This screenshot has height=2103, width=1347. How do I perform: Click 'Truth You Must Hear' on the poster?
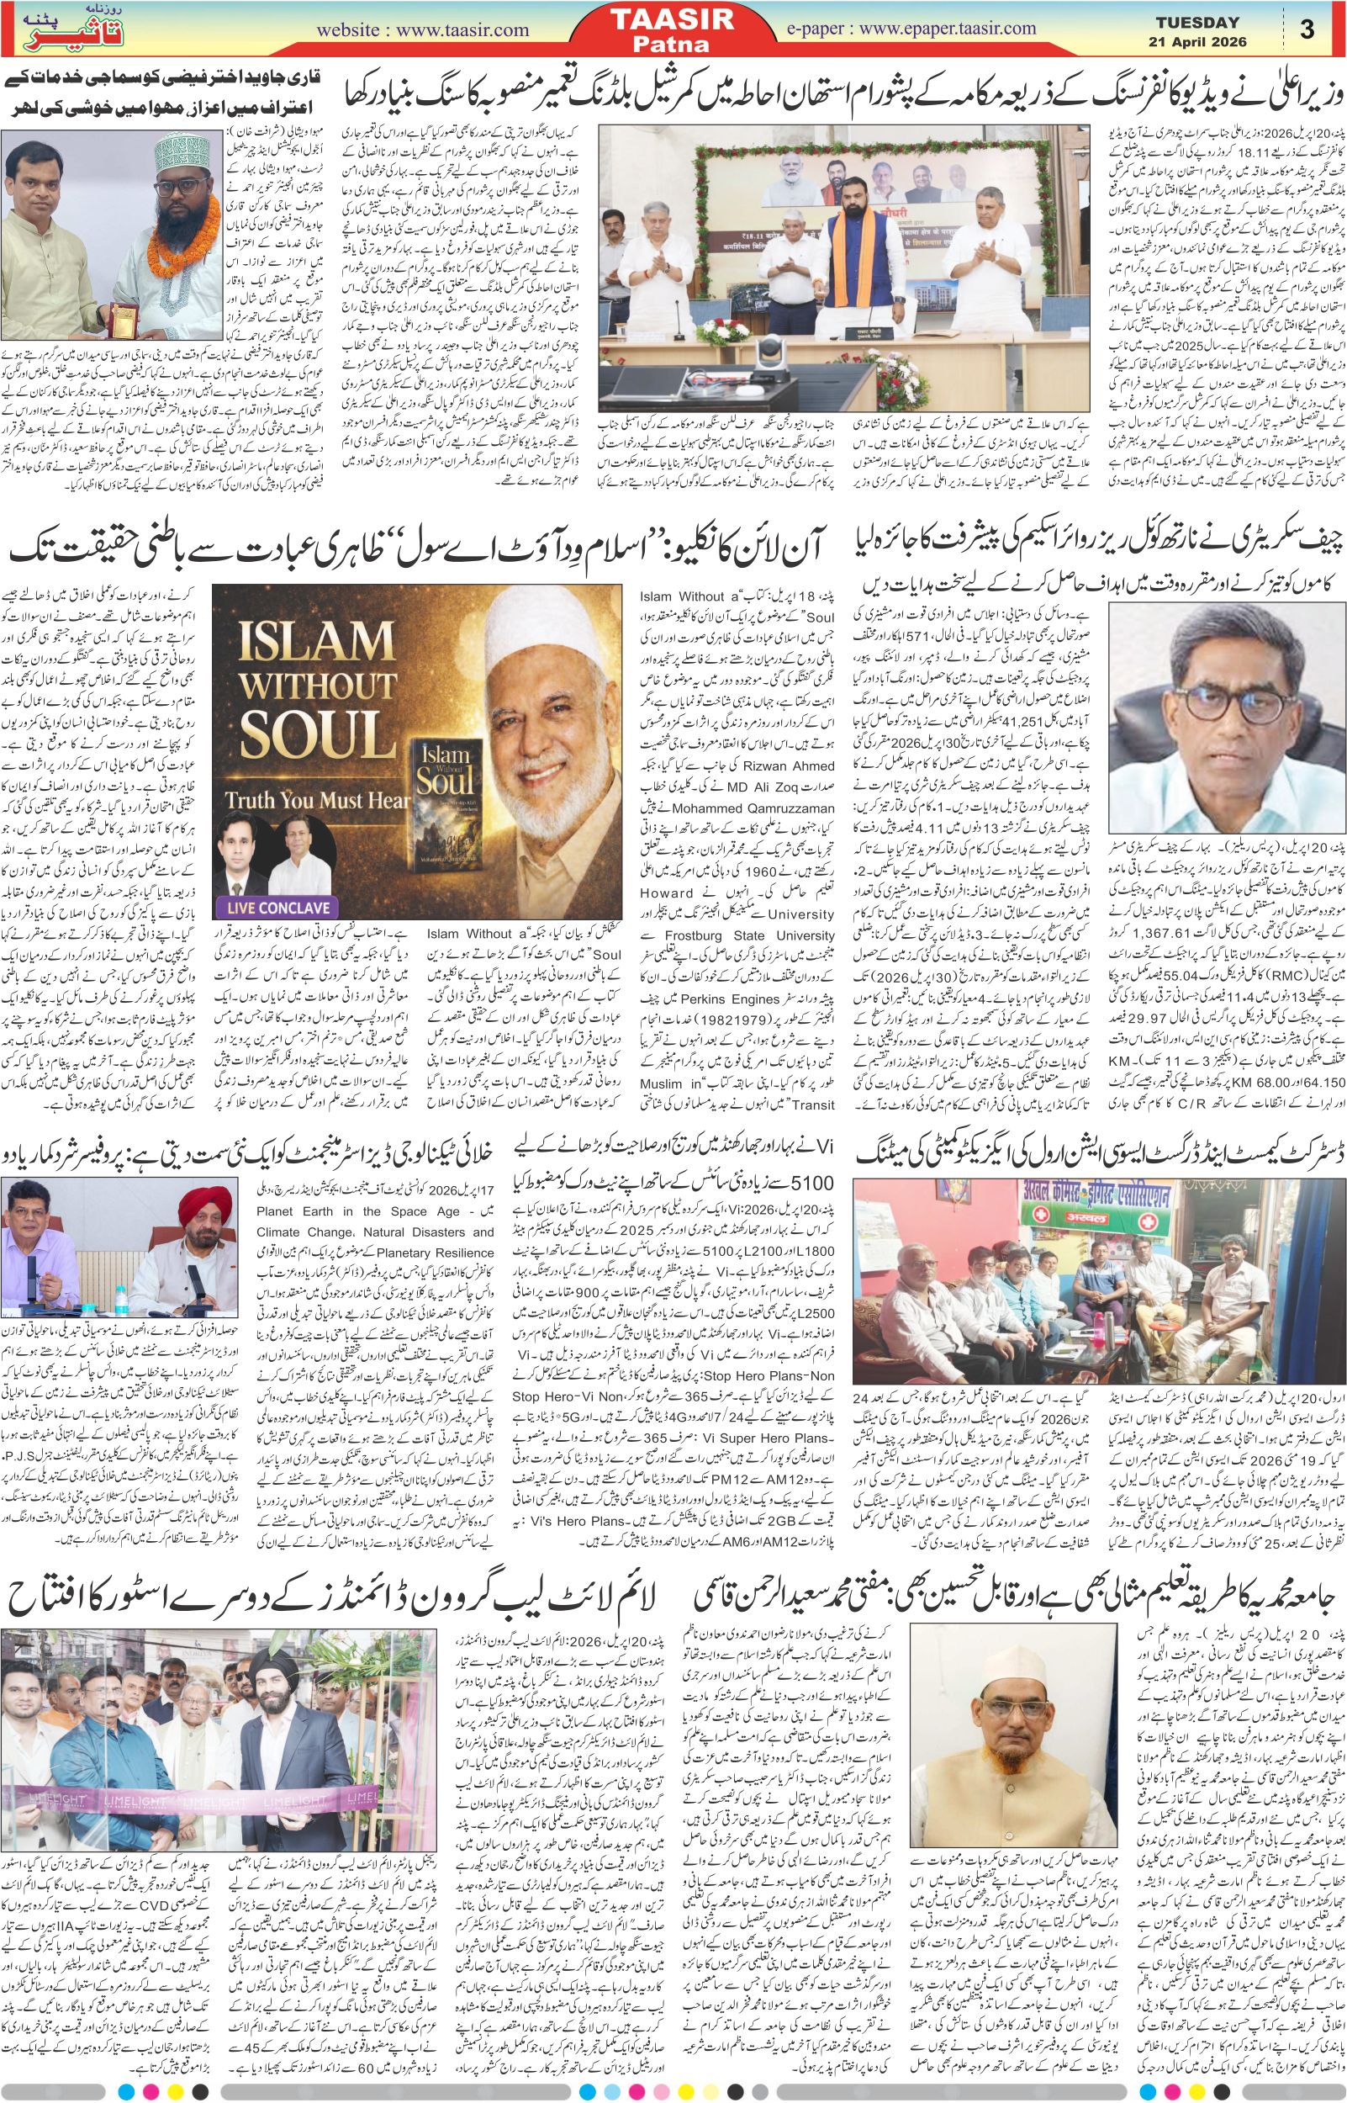(316, 797)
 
